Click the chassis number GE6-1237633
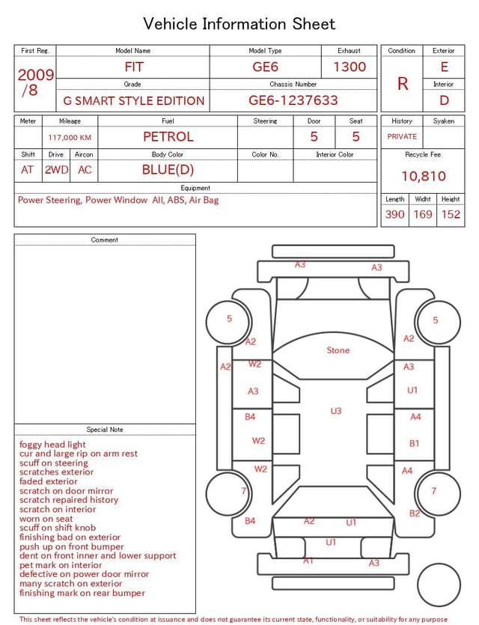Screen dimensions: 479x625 (x=293, y=100)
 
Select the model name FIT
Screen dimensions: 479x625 (x=134, y=67)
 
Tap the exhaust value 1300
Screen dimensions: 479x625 (x=350, y=67)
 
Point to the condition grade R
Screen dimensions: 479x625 (x=403, y=84)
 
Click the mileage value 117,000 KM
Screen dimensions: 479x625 (x=70, y=138)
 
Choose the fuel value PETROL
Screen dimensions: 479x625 (x=168, y=137)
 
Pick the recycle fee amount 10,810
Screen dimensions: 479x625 (x=423, y=176)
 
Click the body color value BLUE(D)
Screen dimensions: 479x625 (x=168, y=170)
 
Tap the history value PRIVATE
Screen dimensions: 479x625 (x=402, y=136)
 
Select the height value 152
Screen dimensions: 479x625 (x=451, y=214)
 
